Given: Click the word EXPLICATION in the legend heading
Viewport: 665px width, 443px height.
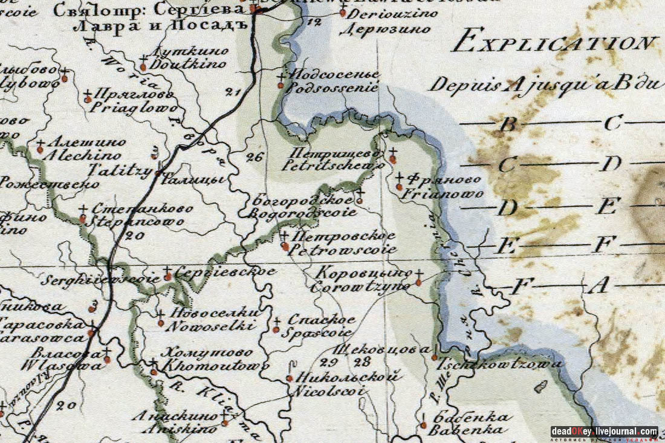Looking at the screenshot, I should coord(555,44).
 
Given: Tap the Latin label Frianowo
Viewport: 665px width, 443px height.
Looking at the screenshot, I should coord(443,195).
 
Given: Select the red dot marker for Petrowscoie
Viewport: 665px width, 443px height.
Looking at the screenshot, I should coord(285,247).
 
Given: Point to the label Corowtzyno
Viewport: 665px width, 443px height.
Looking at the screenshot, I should coord(360,287).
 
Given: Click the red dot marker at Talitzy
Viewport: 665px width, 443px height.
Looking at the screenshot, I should coord(158,173).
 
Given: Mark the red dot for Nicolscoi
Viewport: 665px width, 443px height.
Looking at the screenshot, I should coord(289,379).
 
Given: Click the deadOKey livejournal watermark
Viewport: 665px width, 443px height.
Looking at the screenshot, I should coord(604,432).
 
